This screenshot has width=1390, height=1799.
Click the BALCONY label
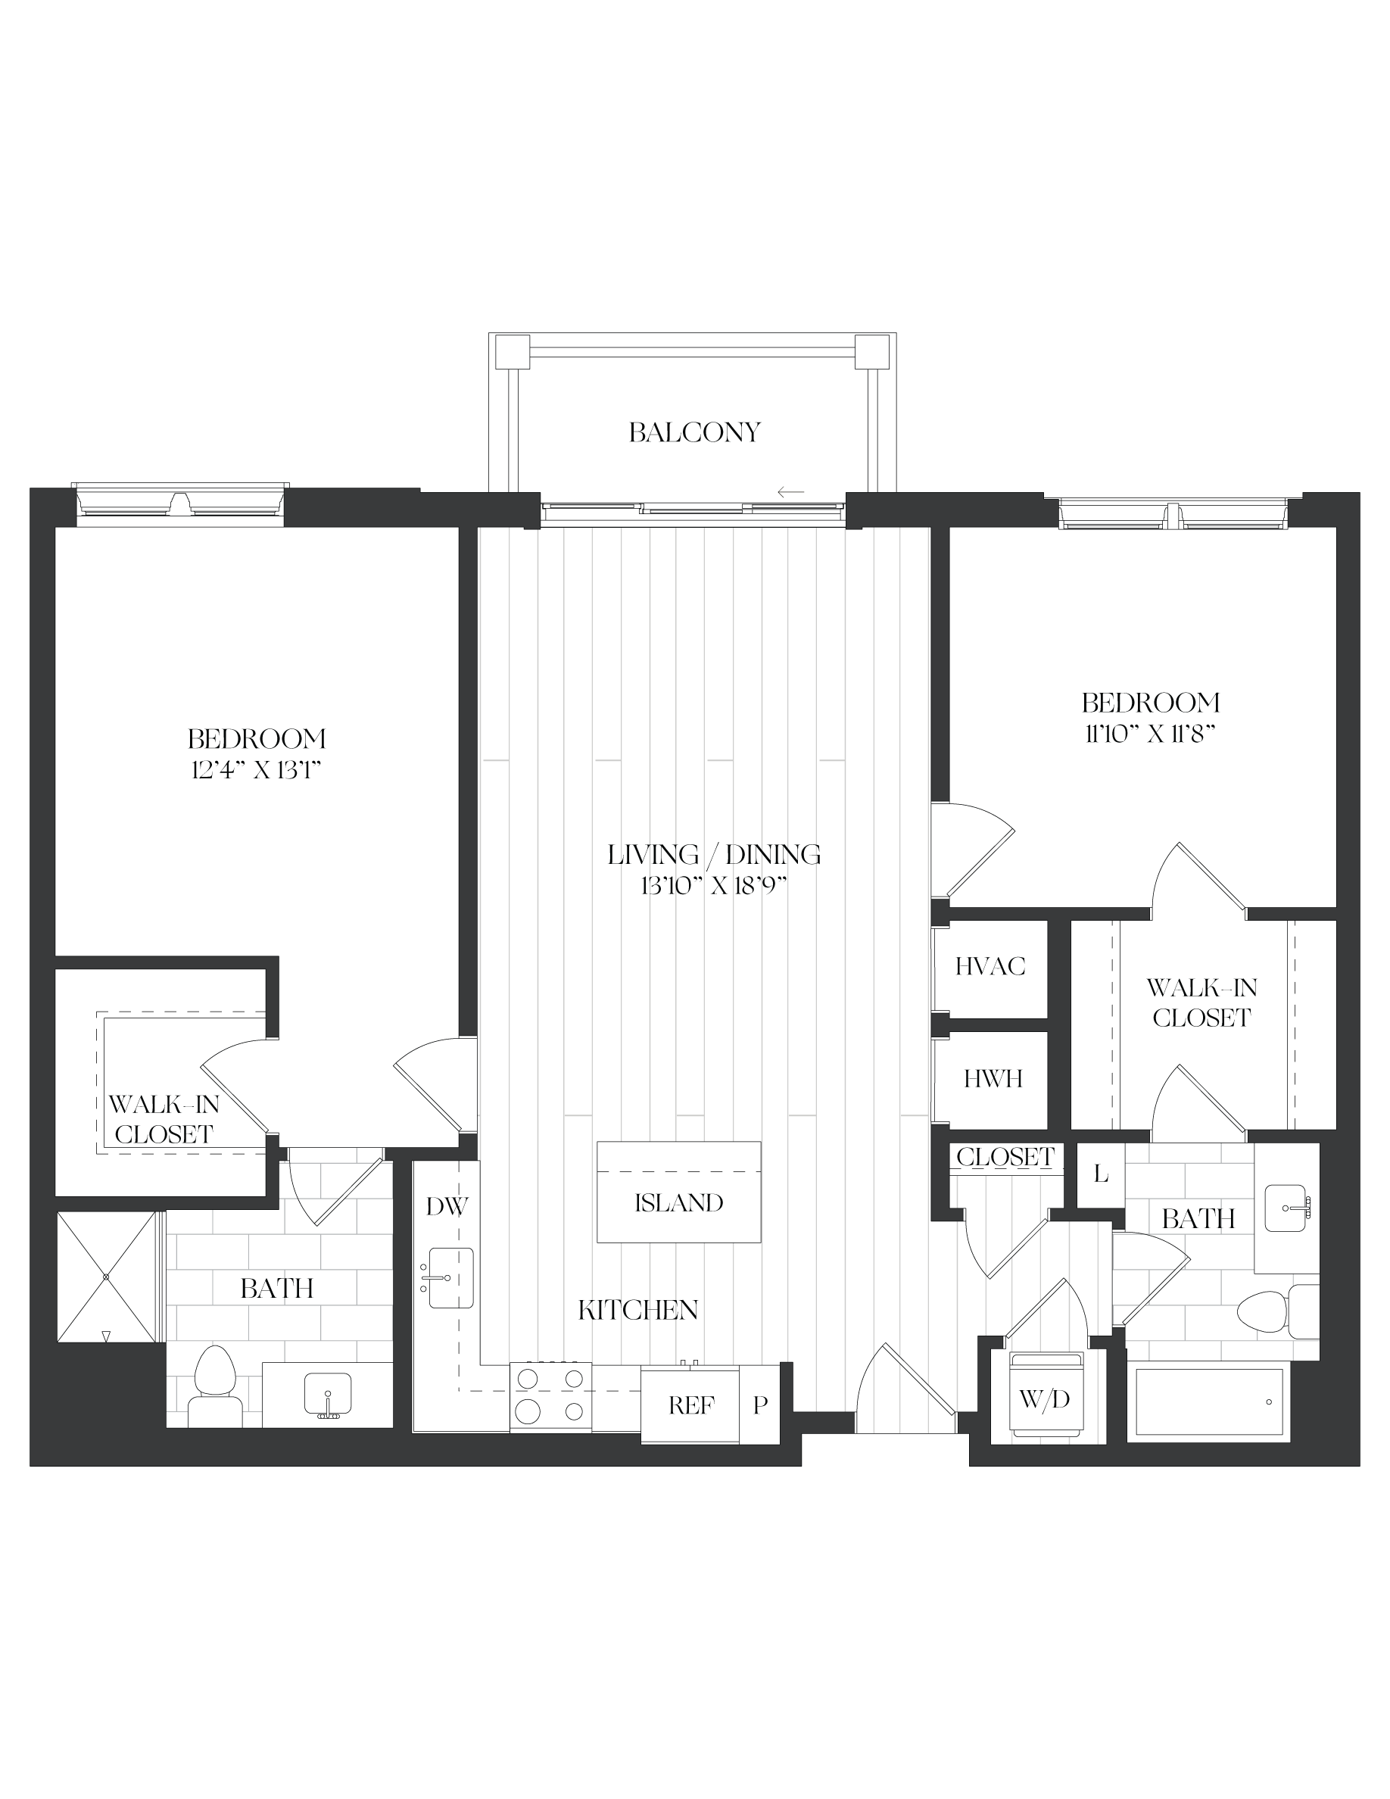point(694,432)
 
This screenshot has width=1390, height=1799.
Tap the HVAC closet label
point(990,966)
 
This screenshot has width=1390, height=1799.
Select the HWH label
point(993,1078)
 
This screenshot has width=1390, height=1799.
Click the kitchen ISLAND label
point(678,1202)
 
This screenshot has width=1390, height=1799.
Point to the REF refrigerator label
point(691,1405)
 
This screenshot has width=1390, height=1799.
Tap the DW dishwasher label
point(447,1207)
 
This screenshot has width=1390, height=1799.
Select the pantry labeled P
point(759,1405)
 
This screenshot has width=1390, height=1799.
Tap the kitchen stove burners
point(551,1397)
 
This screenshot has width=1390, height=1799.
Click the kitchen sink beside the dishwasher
point(449,1277)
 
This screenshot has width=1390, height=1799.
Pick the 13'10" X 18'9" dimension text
point(714,887)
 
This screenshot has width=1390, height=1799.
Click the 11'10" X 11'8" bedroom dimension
point(1149,733)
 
